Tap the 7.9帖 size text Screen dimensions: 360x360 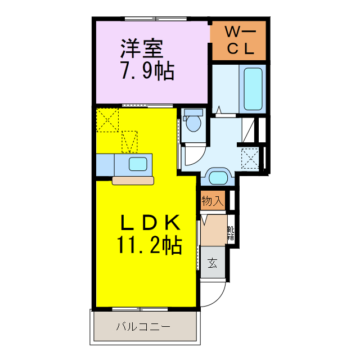tap(146, 71)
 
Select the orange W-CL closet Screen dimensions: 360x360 tap(239, 40)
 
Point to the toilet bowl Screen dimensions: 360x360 tap(194, 122)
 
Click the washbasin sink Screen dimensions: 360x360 tap(217, 177)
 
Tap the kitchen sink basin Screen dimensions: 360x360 tap(138, 164)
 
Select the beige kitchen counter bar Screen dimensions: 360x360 tap(133, 181)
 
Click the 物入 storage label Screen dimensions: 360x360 tap(213, 201)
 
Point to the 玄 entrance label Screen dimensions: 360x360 tap(213, 263)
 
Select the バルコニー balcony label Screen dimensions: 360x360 tap(143, 327)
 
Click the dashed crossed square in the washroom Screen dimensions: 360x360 tap(250, 158)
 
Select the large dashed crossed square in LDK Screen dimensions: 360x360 tap(107, 119)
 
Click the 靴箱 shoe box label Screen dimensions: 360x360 tap(231, 232)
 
